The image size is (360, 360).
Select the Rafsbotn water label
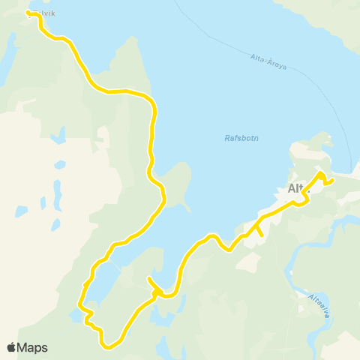(x=240, y=137)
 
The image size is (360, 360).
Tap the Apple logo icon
(x=11, y=347)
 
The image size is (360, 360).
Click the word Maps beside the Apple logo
(x=33, y=347)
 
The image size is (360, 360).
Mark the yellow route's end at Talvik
(x=28, y=13)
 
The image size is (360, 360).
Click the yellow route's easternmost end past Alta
(x=331, y=179)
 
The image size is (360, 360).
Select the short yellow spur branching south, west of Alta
(x=260, y=234)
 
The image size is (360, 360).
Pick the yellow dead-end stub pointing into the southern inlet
(x=150, y=280)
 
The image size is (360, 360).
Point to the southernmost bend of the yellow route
(x=109, y=346)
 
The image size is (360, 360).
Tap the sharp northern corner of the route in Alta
(x=321, y=174)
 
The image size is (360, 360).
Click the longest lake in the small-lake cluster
(x=56, y=192)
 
